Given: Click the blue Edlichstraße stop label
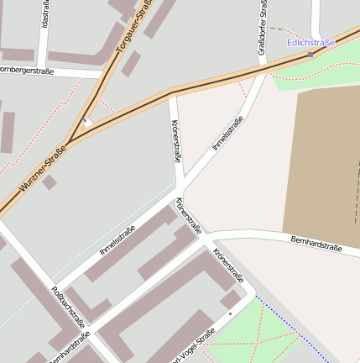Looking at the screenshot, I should coord(310,42).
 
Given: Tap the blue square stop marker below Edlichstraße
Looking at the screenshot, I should coord(310,54).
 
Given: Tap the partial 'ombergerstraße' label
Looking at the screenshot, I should coord(27,71).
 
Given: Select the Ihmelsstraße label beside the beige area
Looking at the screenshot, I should coord(227,134).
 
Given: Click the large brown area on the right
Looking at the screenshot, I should coord(323,160).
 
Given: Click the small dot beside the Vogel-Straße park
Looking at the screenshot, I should coord(229,314).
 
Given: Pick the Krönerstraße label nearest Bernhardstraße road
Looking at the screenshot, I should coord(228,263).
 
